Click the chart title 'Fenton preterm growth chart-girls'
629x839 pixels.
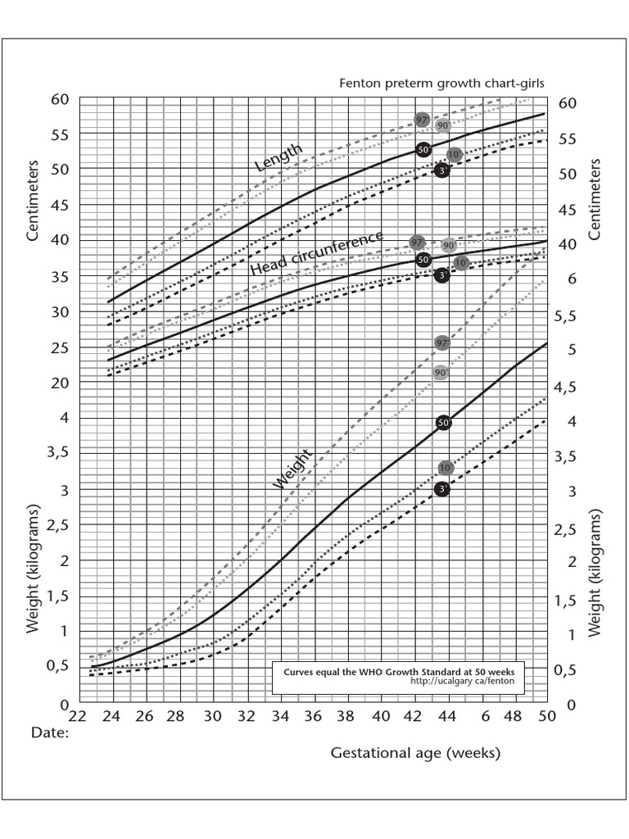(x=441, y=84)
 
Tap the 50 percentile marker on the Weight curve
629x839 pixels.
(x=444, y=423)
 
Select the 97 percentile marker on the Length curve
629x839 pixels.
(x=423, y=120)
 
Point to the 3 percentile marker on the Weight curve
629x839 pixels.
(x=442, y=489)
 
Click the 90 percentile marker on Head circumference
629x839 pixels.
(x=448, y=245)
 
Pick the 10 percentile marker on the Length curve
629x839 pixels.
(x=455, y=155)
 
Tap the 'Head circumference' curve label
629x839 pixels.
(x=316, y=253)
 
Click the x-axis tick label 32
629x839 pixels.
(x=247, y=715)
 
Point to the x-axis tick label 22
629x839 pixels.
(x=78, y=715)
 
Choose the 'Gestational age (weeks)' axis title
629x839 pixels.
(x=415, y=752)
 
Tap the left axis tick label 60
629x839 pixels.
(x=59, y=99)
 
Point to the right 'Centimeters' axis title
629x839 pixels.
(x=595, y=199)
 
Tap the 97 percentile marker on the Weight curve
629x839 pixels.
(x=441, y=342)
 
